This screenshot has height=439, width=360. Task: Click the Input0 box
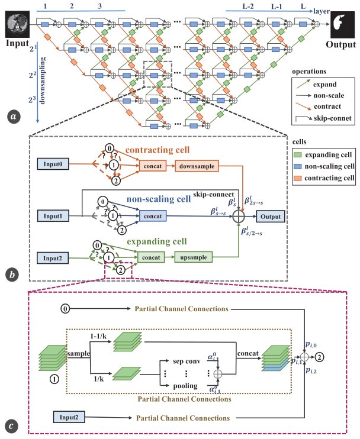pos(53,164)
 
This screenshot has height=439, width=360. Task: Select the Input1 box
pos(53,216)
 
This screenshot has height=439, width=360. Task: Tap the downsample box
pos(197,166)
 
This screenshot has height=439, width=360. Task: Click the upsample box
pos(193,257)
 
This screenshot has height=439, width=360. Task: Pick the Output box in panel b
pos(271,217)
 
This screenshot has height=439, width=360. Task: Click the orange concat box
pos(153,166)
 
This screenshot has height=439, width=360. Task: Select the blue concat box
pos(153,216)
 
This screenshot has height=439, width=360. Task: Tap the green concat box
pos(151,257)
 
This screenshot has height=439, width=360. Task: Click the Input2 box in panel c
pos(69,417)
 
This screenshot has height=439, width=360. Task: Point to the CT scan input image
pos(17,24)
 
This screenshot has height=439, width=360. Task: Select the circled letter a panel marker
pos(14,116)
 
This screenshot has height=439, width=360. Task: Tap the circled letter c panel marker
pos(11,426)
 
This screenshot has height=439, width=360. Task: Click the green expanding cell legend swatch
pos(297,155)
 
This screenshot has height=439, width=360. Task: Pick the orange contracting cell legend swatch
pos(297,178)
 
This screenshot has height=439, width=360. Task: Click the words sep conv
pos(187,361)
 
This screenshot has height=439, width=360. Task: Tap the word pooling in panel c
pos(185,386)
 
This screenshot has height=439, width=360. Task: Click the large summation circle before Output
pos(239,217)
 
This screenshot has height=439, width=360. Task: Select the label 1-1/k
pos(98,336)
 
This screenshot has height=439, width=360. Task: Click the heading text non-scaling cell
pos(159,199)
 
